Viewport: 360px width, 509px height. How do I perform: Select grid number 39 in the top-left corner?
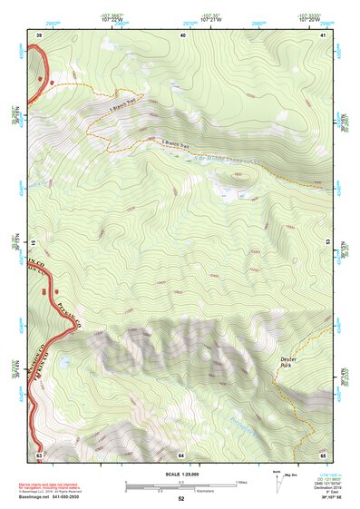39,34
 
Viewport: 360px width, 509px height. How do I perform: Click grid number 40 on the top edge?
183,34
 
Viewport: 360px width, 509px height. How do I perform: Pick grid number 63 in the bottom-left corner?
39,454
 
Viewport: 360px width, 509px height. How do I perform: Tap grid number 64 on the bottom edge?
181,454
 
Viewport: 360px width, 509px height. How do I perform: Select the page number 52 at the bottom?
180,499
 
